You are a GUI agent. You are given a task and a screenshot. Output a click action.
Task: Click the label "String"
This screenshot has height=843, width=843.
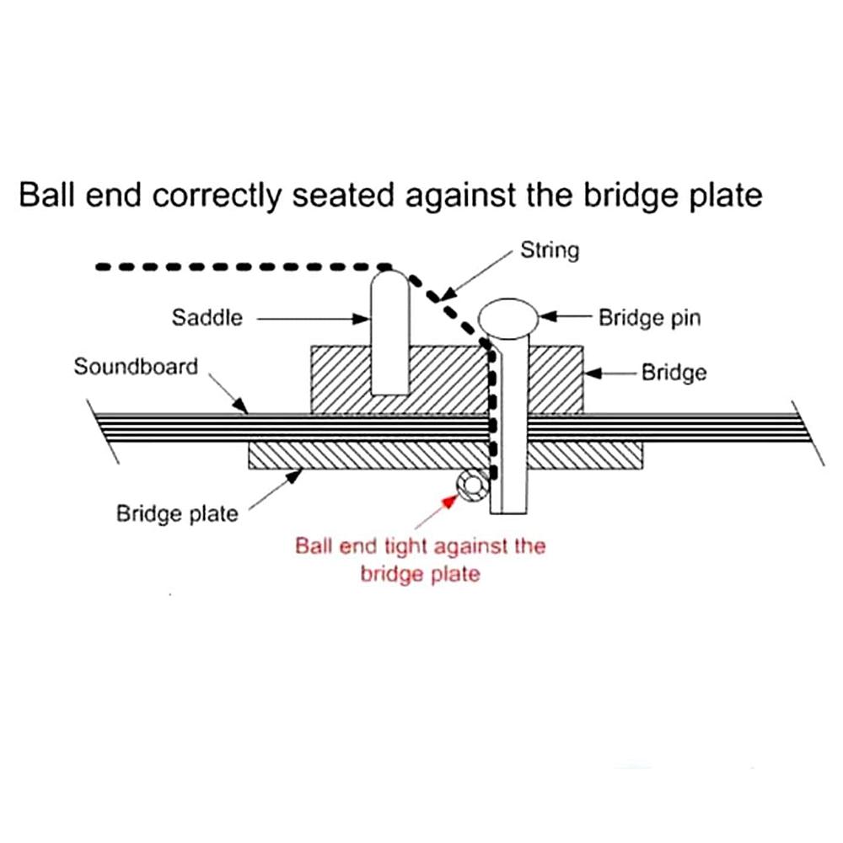coord(550,250)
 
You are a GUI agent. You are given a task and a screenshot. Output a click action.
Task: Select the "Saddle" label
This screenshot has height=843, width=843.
coord(207,317)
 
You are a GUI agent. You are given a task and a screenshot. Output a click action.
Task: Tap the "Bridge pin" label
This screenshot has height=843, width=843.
coord(649,318)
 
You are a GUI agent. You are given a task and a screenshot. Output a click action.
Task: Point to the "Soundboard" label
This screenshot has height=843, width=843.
coord(136,367)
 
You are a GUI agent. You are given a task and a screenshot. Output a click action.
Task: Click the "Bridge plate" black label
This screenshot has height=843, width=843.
coord(177,513)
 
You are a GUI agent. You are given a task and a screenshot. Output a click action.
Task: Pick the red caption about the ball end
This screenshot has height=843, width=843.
coord(421,560)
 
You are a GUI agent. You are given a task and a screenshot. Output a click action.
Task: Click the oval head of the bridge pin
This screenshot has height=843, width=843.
coord(508,319)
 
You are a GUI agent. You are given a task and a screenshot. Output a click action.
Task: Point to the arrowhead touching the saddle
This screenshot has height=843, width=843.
coord(361,319)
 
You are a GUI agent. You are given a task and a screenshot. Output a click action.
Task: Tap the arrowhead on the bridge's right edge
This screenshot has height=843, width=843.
coord(593,373)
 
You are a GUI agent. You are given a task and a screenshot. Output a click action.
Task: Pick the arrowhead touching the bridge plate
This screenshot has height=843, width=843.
coord(293,475)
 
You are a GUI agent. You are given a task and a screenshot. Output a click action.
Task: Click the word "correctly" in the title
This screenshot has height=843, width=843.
coord(217,196)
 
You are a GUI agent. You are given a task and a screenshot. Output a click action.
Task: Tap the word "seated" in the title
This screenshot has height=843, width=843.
coord(343,195)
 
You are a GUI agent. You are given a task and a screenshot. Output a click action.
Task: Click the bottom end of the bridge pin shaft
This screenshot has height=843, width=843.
coord(508,513)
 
